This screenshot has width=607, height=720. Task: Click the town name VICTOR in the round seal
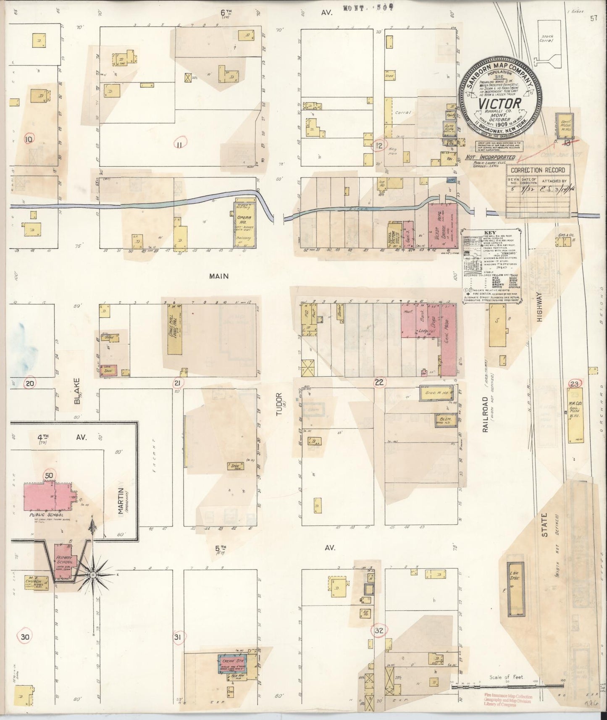click(x=498, y=103)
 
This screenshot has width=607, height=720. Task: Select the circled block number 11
click(x=180, y=144)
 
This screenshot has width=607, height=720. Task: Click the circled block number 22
click(x=379, y=382)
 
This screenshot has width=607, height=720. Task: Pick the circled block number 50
click(x=50, y=475)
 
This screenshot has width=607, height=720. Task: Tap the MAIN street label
click(x=219, y=276)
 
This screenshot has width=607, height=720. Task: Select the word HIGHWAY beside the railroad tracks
click(x=540, y=307)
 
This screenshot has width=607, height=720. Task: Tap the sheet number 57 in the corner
click(x=593, y=18)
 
